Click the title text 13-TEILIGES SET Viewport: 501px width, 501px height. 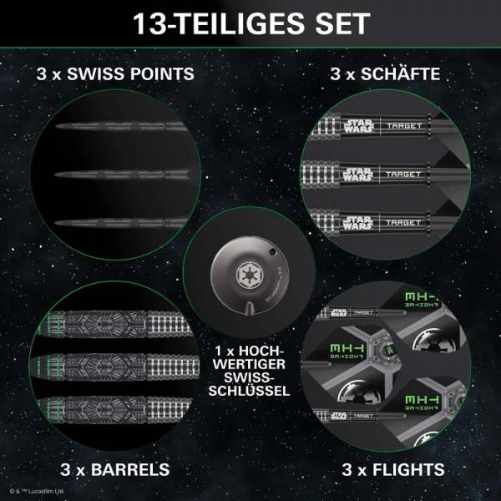250,23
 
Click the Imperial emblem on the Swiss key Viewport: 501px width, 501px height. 250,272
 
